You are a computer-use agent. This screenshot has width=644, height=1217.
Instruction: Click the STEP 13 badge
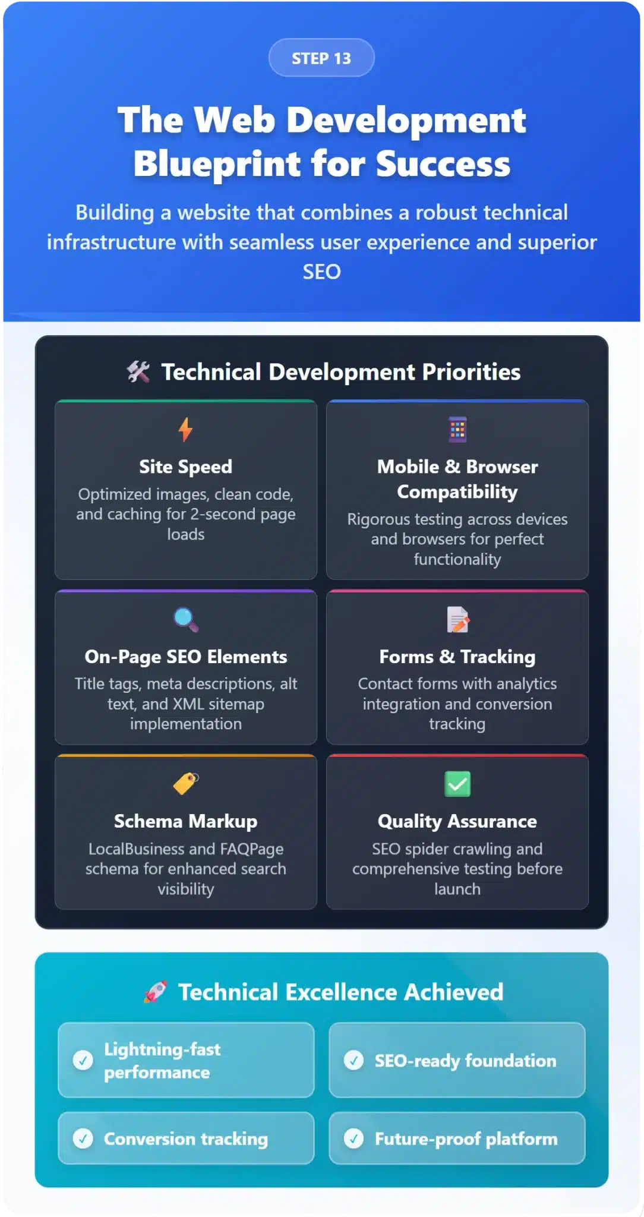tap(321, 58)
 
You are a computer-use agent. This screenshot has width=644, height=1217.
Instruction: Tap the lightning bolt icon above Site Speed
tap(185, 429)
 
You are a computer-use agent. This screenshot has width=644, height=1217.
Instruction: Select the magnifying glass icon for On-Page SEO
tap(186, 619)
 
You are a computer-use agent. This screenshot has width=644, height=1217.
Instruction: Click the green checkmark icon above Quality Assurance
tap(457, 784)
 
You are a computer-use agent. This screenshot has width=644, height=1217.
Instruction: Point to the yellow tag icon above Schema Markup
tap(186, 783)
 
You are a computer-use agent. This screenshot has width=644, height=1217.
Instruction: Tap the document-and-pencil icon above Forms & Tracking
tap(457, 619)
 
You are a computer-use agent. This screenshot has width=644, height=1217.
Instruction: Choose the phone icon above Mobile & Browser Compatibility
tap(457, 430)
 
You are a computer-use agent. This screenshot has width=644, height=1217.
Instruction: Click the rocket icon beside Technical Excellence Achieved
tap(155, 992)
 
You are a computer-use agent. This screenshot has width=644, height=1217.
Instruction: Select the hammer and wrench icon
tap(138, 372)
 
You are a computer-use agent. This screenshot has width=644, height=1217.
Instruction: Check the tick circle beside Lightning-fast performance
tap(83, 1060)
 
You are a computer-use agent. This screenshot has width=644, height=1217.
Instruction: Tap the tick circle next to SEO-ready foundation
tap(354, 1060)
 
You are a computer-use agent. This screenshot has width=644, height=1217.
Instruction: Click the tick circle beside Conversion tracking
tap(83, 1138)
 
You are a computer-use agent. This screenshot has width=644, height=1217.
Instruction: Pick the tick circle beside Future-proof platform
tap(354, 1138)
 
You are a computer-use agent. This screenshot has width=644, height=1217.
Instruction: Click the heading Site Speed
tap(185, 467)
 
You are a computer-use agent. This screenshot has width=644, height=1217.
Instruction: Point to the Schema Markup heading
tap(185, 821)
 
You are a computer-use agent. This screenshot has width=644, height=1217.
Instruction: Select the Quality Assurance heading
tap(457, 821)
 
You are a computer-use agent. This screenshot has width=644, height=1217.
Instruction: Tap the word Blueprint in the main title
tap(217, 165)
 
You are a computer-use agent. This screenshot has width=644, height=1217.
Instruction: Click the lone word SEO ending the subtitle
tap(321, 272)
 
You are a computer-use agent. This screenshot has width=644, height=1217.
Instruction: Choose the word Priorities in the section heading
tap(471, 372)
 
